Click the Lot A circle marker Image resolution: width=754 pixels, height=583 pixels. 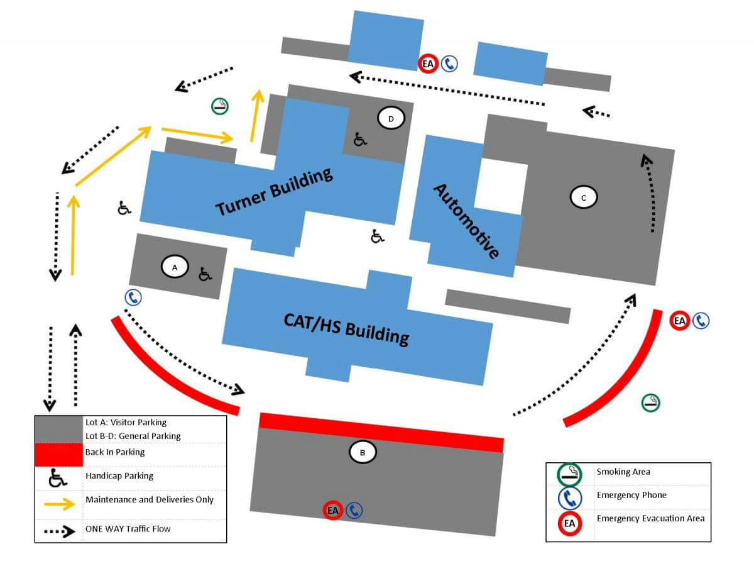(x=175, y=267)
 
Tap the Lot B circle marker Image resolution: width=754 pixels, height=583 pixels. (x=363, y=452)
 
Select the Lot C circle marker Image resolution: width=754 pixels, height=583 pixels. (x=584, y=197)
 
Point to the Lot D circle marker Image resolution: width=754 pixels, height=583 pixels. (x=391, y=118)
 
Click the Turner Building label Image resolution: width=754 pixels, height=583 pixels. (x=274, y=192)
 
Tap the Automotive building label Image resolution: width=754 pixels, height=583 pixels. (x=467, y=221)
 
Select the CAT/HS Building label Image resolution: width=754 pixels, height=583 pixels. (x=346, y=328)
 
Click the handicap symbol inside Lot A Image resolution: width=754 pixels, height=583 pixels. (x=205, y=274)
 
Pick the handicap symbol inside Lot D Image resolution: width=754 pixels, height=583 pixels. (x=359, y=139)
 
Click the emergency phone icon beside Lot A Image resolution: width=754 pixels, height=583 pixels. (x=133, y=297)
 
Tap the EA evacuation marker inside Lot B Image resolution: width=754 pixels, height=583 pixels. (x=332, y=510)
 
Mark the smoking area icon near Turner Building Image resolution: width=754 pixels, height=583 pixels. (x=220, y=106)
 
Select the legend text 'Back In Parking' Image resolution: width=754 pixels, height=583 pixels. (x=115, y=452)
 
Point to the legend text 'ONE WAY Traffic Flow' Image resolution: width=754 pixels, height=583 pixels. (x=128, y=529)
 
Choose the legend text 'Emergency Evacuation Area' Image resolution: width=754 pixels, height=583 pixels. (x=650, y=519)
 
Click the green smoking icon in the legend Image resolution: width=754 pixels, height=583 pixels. (x=570, y=474)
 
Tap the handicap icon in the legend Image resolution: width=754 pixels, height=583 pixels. (x=58, y=479)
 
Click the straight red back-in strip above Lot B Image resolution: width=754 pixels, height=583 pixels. (x=381, y=432)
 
